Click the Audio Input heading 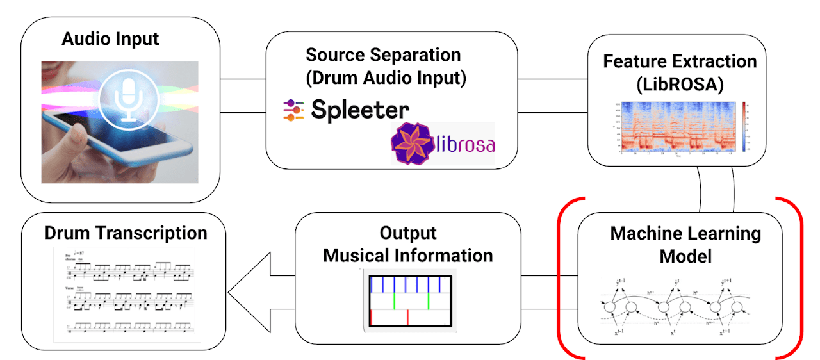click(x=110, y=38)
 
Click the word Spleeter click(x=360, y=110)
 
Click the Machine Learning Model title click(x=685, y=245)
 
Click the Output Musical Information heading click(x=407, y=244)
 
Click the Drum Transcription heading click(x=126, y=233)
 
